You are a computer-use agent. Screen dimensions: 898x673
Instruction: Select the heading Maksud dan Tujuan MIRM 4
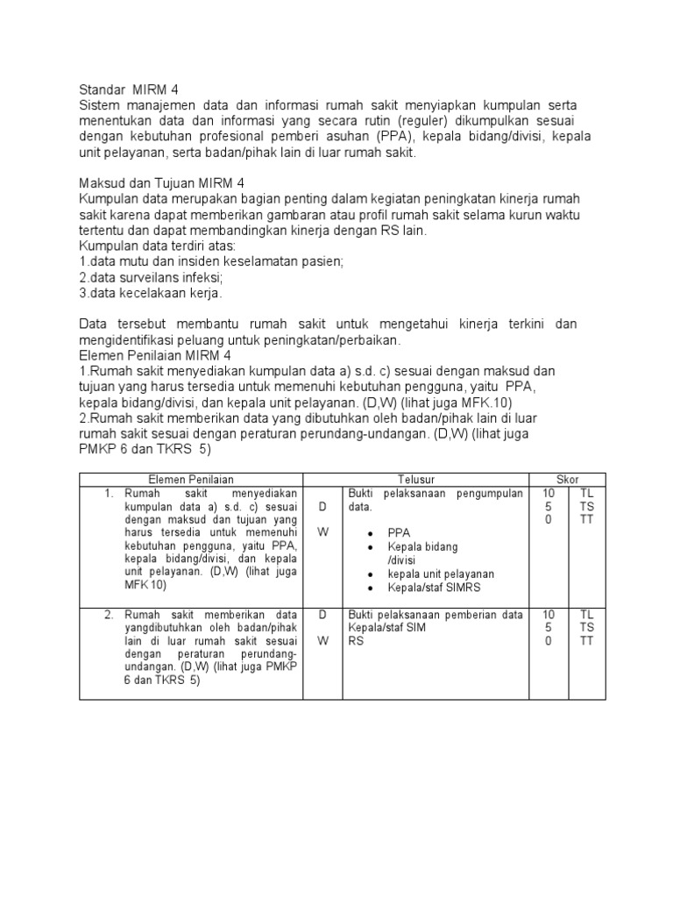pyautogui.click(x=162, y=183)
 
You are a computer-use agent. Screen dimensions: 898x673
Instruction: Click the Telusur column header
pyautogui.click(x=416, y=480)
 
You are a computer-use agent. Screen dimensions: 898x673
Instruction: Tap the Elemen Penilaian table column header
pyautogui.click(x=190, y=480)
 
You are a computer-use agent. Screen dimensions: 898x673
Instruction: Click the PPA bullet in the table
pyautogui.click(x=400, y=532)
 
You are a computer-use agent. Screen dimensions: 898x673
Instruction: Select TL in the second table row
pyautogui.click(x=587, y=615)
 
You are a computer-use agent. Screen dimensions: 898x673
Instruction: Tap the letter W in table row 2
pyautogui.click(x=323, y=641)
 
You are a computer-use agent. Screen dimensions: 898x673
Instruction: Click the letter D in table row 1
pyautogui.click(x=323, y=508)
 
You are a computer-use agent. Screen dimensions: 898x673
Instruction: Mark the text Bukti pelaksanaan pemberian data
pyautogui.click(x=435, y=615)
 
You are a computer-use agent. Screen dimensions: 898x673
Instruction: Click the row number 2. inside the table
pyautogui.click(x=110, y=615)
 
